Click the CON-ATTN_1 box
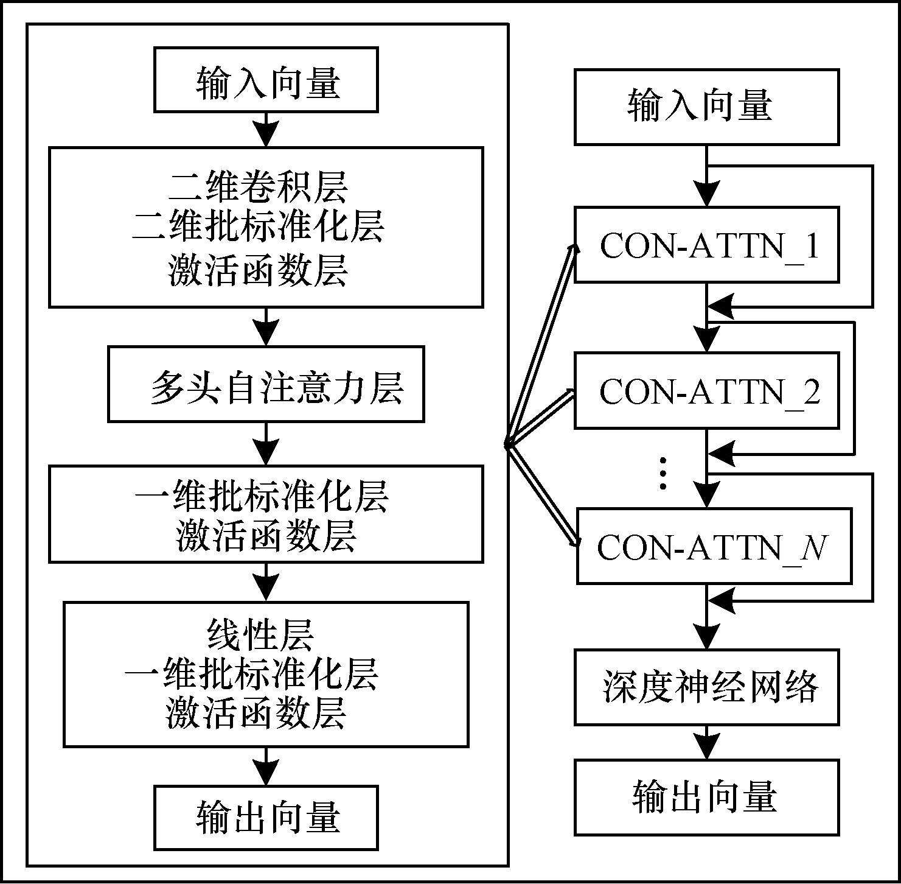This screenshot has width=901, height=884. coord(706,244)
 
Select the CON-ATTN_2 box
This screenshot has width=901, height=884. coord(706,390)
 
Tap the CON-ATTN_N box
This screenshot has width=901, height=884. coord(713,546)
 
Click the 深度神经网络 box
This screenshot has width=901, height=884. coord(706,687)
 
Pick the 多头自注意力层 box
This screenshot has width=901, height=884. coord(266,384)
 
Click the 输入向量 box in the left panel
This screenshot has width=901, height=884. coord(266,80)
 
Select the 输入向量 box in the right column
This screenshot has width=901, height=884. coord(706,107)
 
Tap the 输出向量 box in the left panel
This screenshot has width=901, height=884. coord(266,818)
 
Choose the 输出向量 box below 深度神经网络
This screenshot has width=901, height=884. coord(706,797)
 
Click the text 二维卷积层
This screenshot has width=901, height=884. coord(258,187)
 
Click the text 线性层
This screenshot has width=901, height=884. coord(260,635)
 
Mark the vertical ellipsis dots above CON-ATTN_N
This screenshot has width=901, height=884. coord(663,472)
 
